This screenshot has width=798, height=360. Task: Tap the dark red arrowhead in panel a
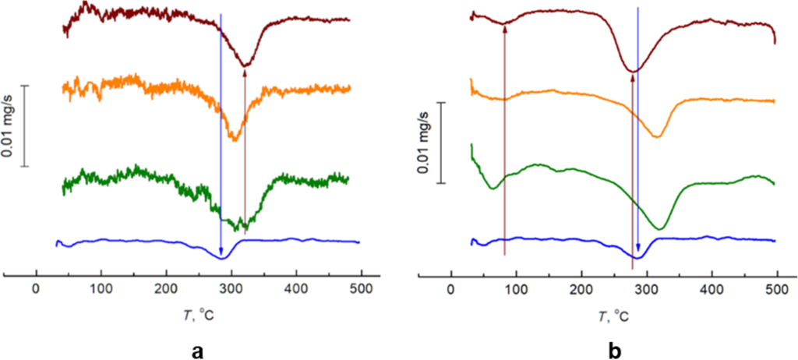pos(245,74)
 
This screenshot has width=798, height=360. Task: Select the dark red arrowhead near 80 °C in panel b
pos(504,30)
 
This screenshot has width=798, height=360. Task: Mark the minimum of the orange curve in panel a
pos(234,139)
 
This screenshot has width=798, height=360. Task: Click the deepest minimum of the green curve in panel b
pos(660,228)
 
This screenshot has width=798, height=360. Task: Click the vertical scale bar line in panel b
pos(443,143)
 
